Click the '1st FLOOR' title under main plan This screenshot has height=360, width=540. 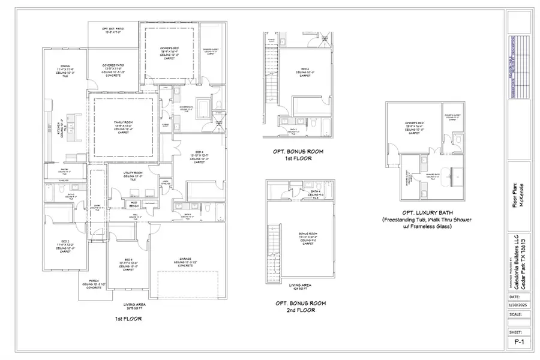129,319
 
